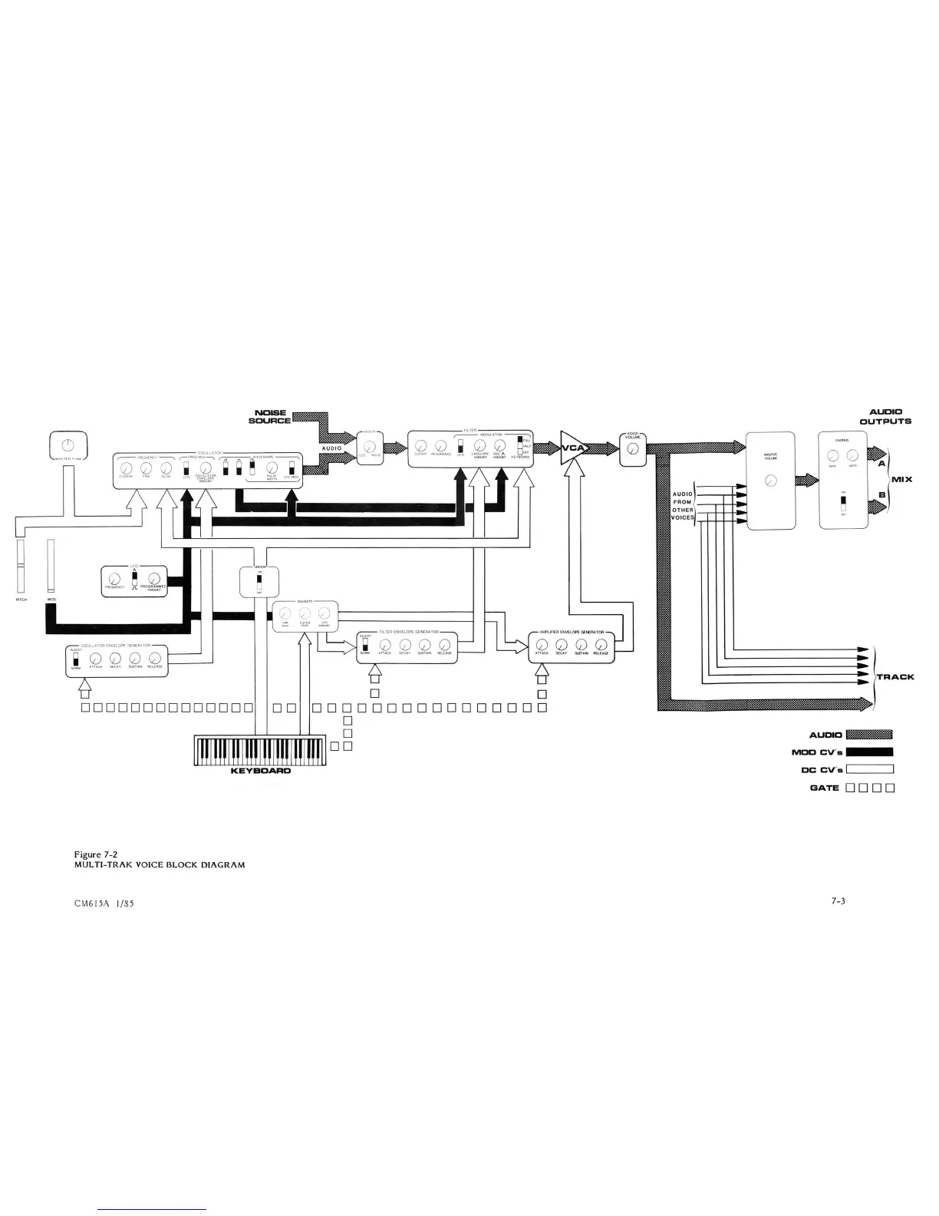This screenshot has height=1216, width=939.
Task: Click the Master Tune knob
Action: click(x=68, y=444)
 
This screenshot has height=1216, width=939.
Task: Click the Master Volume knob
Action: click(x=772, y=481)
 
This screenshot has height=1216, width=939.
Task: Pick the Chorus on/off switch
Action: click(x=843, y=504)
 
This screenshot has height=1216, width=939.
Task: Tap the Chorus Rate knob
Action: click(x=832, y=457)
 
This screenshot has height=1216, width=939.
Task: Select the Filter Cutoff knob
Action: click(x=421, y=445)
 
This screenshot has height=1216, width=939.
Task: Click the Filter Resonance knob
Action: click(x=441, y=445)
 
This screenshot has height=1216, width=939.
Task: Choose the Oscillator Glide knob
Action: click(x=166, y=468)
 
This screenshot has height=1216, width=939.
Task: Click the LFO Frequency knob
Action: click(x=114, y=579)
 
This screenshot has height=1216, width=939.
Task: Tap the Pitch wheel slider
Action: click(x=21, y=567)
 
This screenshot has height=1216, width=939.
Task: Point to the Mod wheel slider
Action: click(x=51, y=567)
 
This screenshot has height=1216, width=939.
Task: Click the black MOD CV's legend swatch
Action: click(x=869, y=752)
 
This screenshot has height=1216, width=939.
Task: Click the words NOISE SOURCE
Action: click(x=270, y=417)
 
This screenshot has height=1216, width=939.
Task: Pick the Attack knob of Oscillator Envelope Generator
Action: click(x=96, y=656)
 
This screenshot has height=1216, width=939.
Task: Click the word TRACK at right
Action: click(x=895, y=677)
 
